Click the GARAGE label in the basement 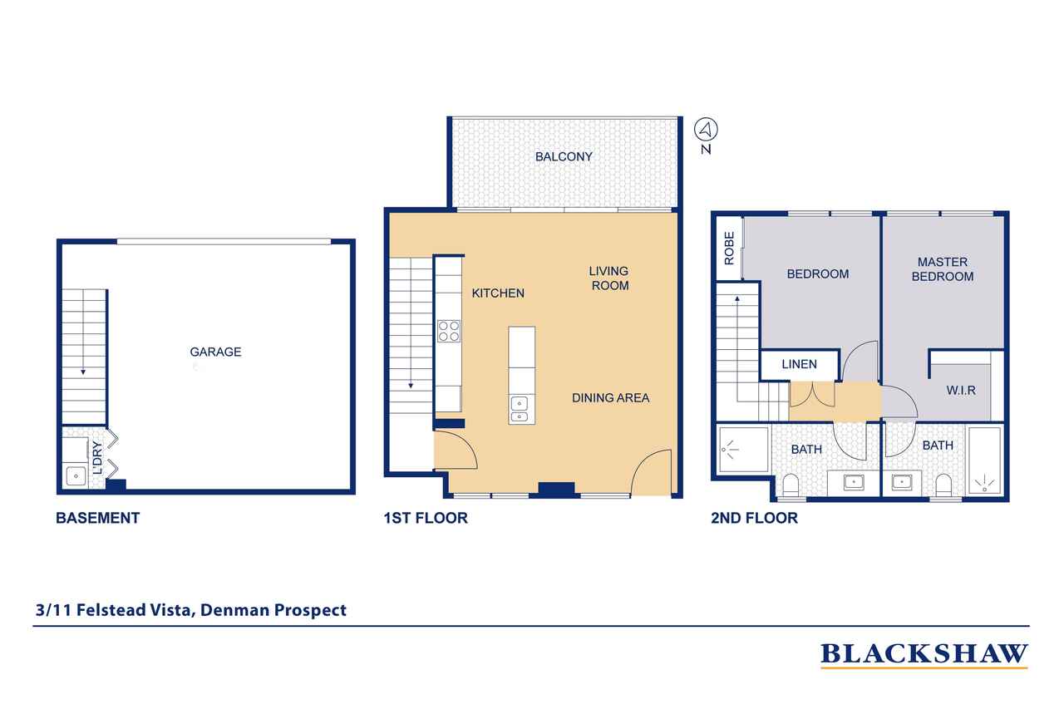(x=215, y=352)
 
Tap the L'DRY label (x=97, y=458)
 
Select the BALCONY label (x=564, y=157)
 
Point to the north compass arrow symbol (x=706, y=129)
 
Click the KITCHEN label (x=498, y=293)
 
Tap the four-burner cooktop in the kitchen (x=449, y=331)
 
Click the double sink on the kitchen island (x=520, y=411)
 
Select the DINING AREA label (x=611, y=398)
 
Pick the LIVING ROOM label (x=609, y=278)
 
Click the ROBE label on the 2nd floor (x=730, y=249)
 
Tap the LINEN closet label (x=800, y=364)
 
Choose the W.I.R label (x=961, y=391)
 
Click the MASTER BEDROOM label (x=943, y=269)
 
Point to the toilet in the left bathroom (x=791, y=485)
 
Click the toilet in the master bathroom (x=943, y=485)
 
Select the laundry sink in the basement (x=76, y=475)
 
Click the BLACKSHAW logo (x=924, y=655)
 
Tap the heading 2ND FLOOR (x=754, y=518)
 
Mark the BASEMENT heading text (x=98, y=518)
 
